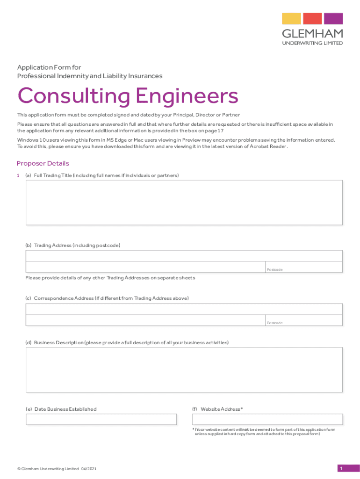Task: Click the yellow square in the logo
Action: [x=291, y=19]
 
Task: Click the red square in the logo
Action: [x=312, y=19]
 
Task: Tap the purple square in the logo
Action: [x=333, y=19]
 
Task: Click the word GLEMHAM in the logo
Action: [x=312, y=34]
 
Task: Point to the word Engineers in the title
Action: [x=187, y=97]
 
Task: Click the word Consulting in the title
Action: [x=74, y=97]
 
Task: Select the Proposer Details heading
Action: [x=43, y=163]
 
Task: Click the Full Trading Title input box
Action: [x=184, y=203]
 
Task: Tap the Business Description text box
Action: [x=184, y=370]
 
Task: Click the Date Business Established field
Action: [x=101, y=419]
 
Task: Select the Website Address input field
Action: [x=267, y=419]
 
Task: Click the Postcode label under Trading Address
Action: [x=274, y=270]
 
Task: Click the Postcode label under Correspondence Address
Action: [x=274, y=323]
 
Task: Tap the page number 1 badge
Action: [x=342, y=469]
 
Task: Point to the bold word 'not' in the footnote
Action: [x=245, y=429]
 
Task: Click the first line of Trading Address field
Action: [x=184, y=256]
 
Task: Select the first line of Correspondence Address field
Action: [x=184, y=309]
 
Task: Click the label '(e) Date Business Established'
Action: [x=61, y=409]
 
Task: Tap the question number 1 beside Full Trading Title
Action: [x=18, y=175]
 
